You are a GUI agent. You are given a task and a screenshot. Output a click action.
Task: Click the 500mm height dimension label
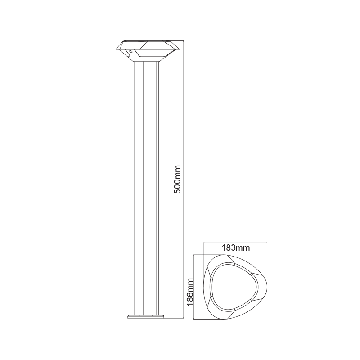coord(178,179)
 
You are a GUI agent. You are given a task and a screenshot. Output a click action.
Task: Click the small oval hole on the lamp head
coord(131,53)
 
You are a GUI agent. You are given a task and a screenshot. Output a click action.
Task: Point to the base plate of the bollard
coord(146,317)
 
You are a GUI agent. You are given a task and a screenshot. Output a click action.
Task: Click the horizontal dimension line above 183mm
coord(235,243)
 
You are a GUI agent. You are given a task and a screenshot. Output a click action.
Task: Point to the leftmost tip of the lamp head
coord(115,47)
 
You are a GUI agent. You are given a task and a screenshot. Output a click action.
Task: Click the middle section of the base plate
coord(146,317)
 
